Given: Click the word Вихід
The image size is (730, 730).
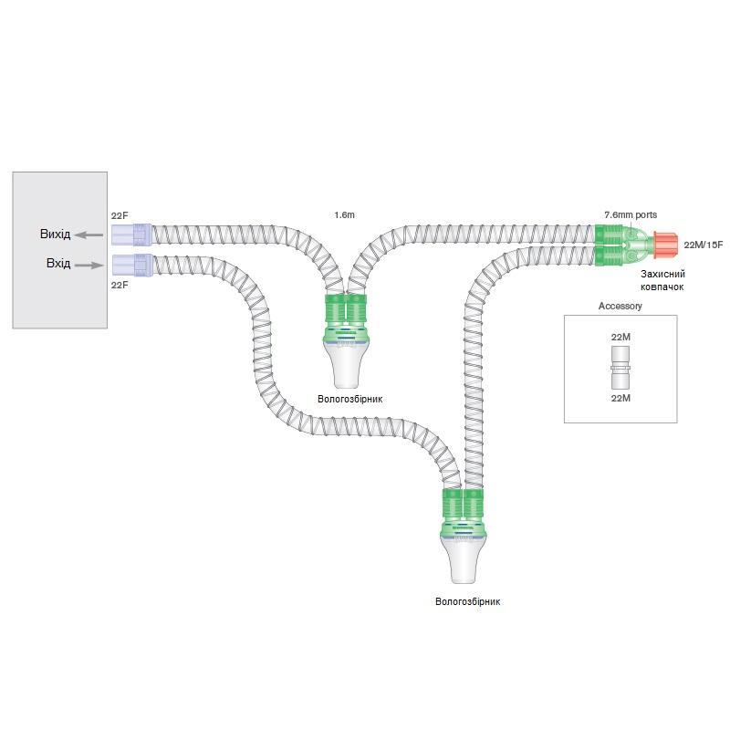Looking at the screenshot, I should pyautogui.click(x=55, y=235).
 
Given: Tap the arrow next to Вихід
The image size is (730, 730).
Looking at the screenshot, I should pyautogui.click(x=89, y=235).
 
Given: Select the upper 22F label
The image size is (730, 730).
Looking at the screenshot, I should pyautogui.click(x=120, y=215).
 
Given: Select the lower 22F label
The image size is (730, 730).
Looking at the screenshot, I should pyautogui.click(x=120, y=286).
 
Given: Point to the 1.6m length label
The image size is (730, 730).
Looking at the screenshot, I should pyautogui.click(x=344, y=214).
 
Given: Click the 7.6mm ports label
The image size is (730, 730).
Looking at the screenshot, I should pyautogui.click(x=630, y=214).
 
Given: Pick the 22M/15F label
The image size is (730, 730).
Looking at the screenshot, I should pyautogui.click(x=703, y=245).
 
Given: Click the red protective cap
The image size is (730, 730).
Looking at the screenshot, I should pyautogui.click(x=667, y=245).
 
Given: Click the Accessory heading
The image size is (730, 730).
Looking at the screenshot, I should pyautogui.click(x=620, y=307).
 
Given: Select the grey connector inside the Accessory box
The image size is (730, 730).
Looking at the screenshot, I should pyautogui.click(x=620, y=367).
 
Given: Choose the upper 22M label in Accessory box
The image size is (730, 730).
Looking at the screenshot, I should pyautogui.click(x=620, y=338).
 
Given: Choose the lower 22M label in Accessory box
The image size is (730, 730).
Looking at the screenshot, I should pyautogui.click(x=620, y=398).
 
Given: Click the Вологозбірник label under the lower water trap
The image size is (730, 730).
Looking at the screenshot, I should pyautogui.click(x=468, y=601).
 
